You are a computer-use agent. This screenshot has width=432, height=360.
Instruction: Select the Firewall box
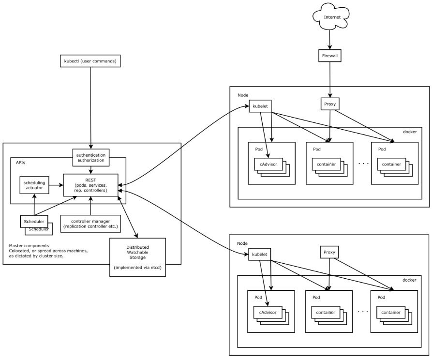click(x=330, y=56)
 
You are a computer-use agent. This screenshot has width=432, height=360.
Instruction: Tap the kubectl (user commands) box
click(x=90, y=61)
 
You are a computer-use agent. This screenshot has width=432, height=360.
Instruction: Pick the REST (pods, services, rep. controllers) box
click(x=90, y=184)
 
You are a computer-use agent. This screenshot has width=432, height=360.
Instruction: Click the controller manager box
click(x=90, y=223)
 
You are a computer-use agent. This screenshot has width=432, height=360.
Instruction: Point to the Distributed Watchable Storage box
click(x=138, y=257)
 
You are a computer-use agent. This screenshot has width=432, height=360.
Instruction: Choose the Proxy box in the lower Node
click(x=329, y=253)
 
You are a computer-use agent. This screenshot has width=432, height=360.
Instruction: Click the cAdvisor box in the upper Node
click(x=268, y=165)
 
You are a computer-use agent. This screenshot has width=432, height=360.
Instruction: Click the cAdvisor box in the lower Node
click(x=268, y=313)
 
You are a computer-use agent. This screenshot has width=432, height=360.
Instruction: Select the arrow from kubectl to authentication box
click(x=90, y=106)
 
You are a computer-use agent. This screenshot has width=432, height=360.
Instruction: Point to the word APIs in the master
click(x=21, y=163)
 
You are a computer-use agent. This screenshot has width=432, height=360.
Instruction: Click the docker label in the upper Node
click(x=409, y=132)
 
